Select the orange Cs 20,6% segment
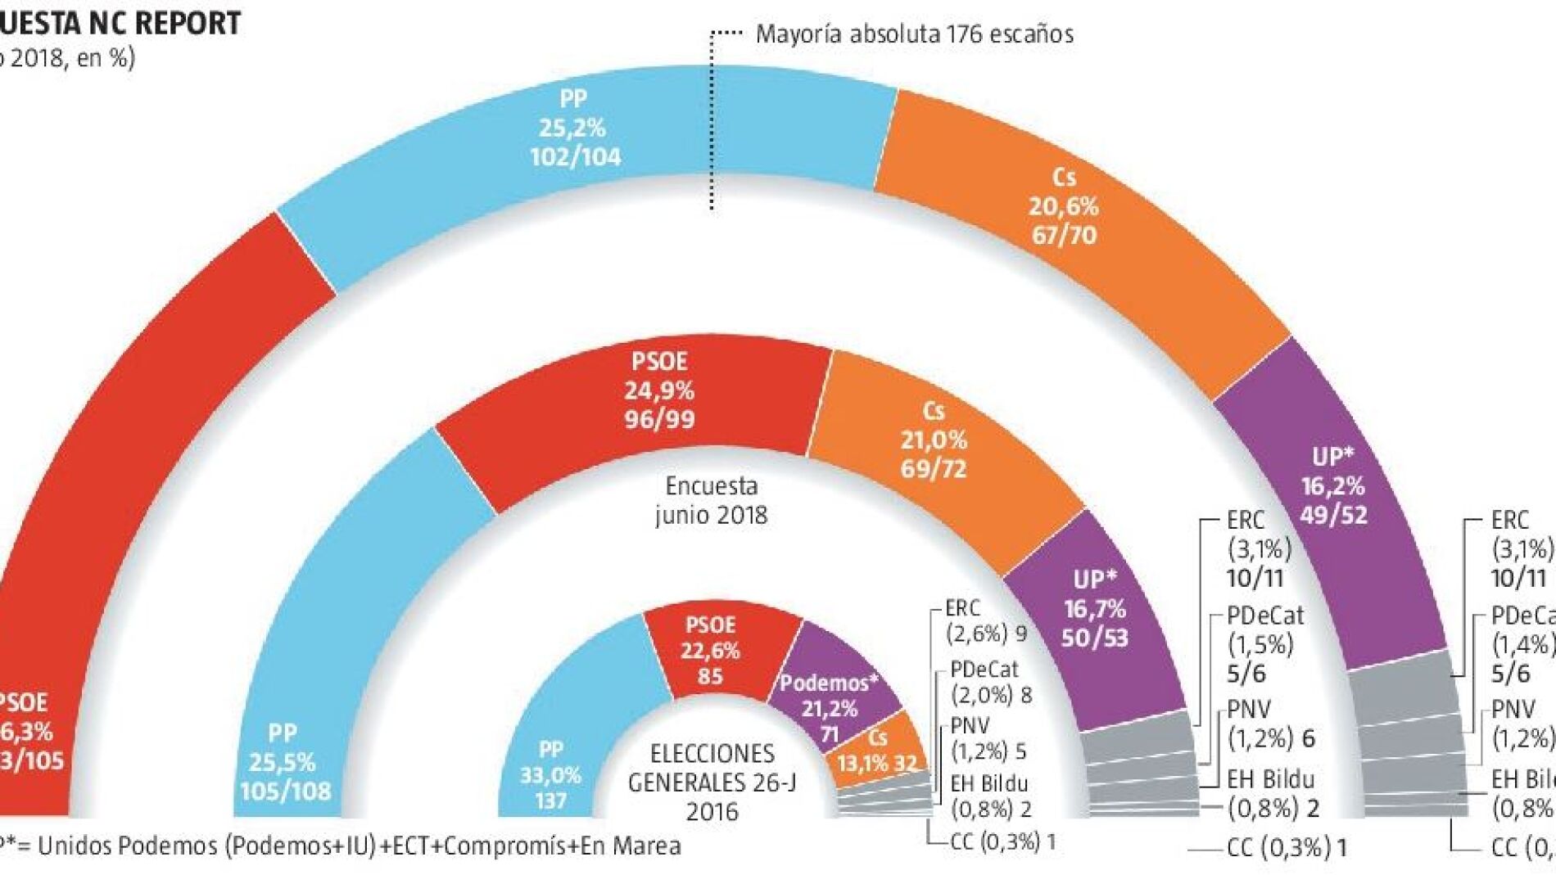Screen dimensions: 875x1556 (1063, 206)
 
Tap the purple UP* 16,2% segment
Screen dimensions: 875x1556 (1332, 486)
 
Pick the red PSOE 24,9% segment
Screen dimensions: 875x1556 (659, 390)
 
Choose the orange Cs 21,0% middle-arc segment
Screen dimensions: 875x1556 (934, 440)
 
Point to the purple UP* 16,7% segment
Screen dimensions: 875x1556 (1094, 609)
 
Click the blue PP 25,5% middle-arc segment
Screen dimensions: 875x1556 (283, 761)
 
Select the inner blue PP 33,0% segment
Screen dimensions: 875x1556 (550, 774)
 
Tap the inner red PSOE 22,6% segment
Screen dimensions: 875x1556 (711, 651)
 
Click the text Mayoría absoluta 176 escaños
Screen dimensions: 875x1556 (914, 34)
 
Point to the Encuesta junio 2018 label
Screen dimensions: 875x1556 (711, 500)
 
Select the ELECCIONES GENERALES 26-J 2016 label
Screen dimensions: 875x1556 (711, 782)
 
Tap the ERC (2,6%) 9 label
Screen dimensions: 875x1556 (985, 620)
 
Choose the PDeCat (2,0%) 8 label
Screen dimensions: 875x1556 (990, 682)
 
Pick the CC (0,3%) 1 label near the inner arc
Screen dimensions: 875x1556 (1002, 841)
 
